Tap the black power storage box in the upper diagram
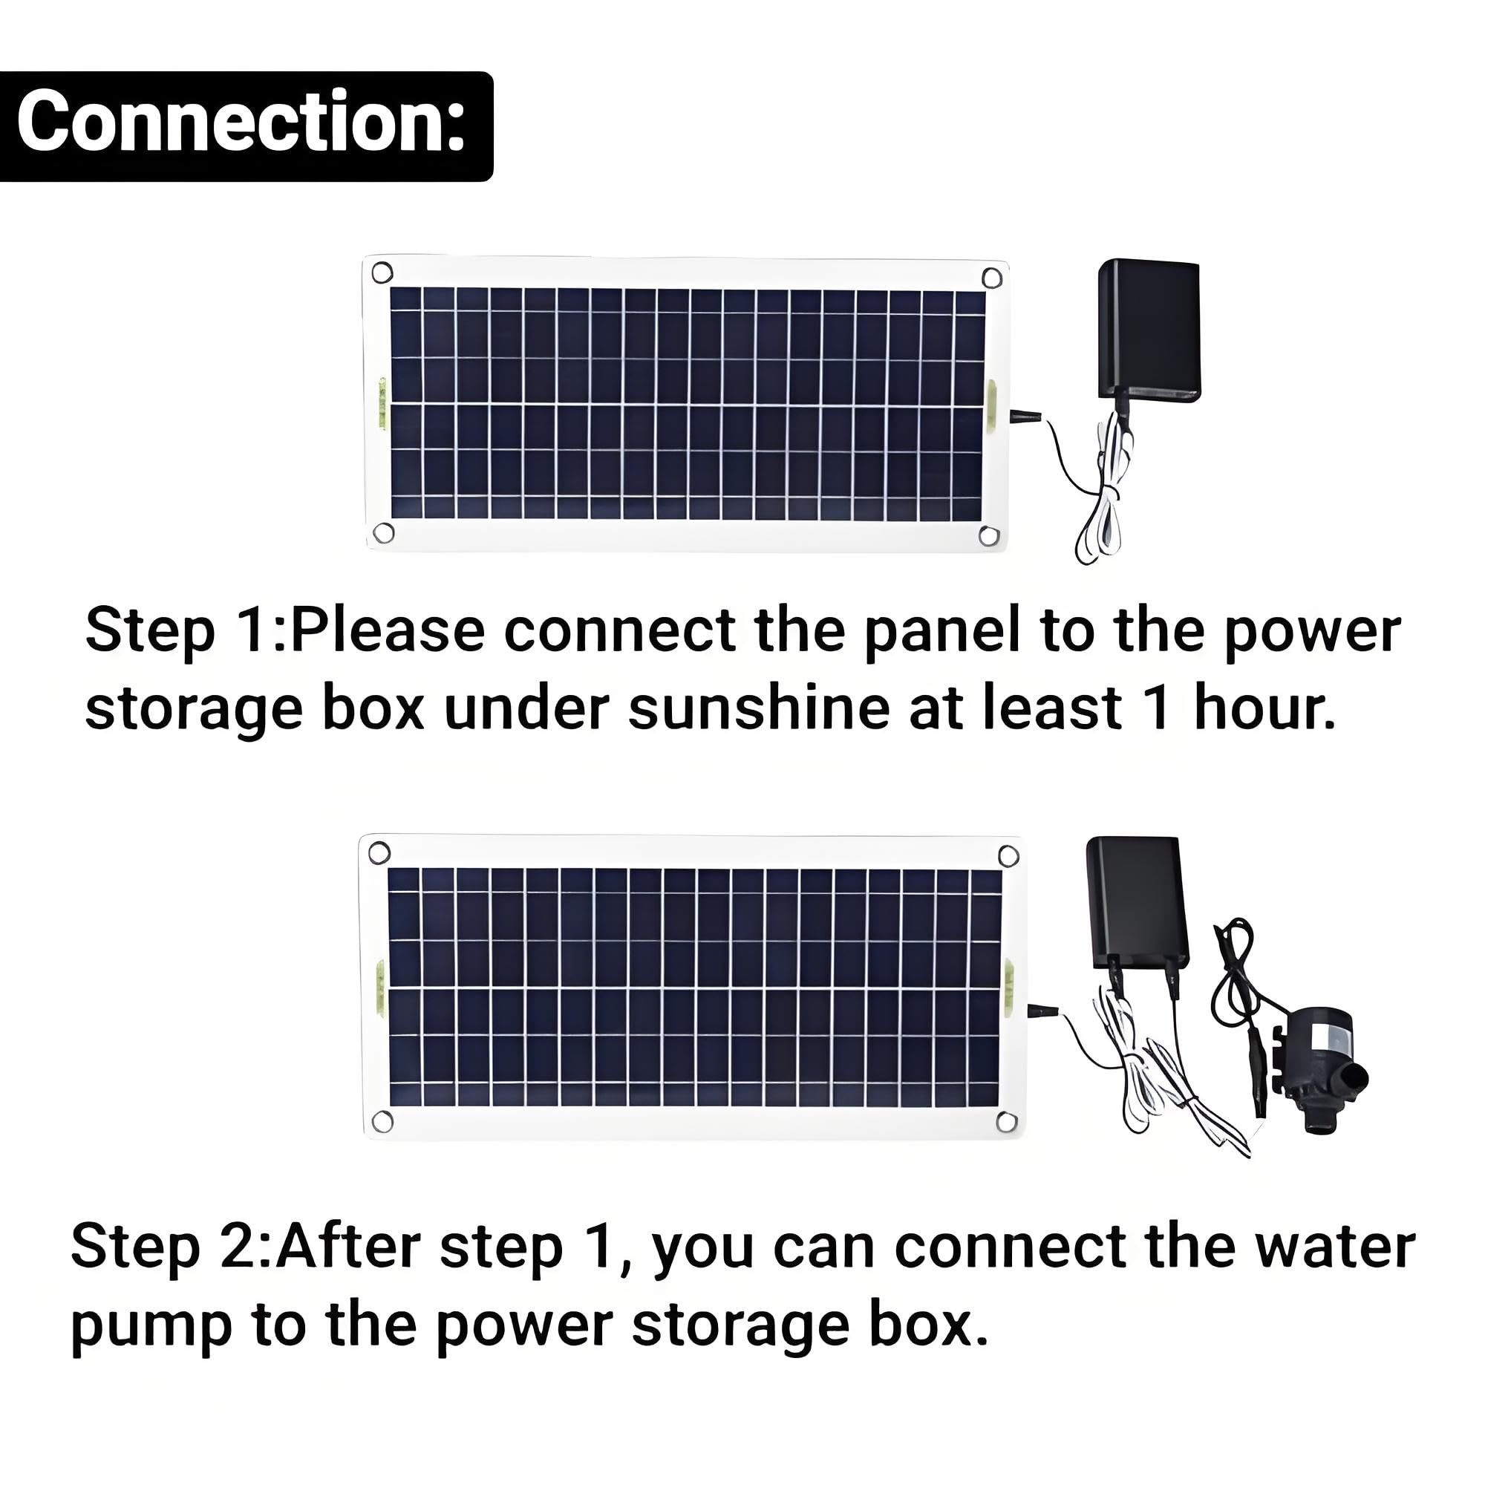pos(1149,330)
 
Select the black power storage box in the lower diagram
pos(1137,904)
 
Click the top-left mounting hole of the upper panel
pos(382,272)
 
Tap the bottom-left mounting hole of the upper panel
pos(383,532)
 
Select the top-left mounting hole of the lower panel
pos(379,852)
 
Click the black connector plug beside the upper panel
pos(1025,417)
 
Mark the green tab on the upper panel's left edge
pos(381,401)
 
